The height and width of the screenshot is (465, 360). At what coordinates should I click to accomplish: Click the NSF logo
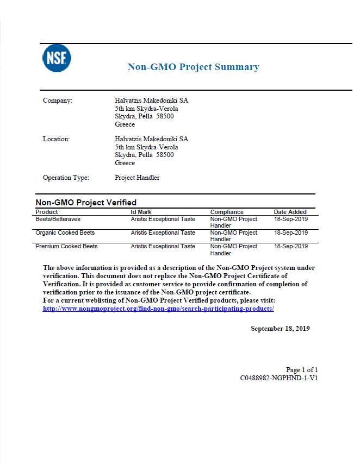(57, 58)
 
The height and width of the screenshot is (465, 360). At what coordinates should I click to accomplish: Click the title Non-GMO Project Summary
(193, 67)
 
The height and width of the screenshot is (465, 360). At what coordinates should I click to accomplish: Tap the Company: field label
(57, 100)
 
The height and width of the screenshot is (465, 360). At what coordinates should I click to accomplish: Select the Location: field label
(57, 139)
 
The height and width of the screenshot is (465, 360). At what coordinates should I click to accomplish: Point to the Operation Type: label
(66, 178)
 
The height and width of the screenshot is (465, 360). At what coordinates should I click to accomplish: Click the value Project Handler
(137, 178)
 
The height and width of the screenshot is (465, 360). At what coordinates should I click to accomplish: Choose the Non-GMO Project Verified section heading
(86, 203)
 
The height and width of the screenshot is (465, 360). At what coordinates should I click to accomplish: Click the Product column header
(47, 212)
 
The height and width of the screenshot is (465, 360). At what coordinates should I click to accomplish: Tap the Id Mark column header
(141, 212)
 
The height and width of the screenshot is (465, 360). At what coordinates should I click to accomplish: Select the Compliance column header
(227, 212)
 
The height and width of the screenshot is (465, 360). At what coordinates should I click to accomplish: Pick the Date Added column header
(290, 212)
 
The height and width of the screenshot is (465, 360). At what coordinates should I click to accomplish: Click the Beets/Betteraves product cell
(58, 219)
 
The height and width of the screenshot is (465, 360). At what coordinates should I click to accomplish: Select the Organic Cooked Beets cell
(65, 232)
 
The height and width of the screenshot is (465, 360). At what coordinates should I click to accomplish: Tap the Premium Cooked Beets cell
(66, 246)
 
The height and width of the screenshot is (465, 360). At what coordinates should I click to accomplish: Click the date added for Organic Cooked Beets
(290, 232)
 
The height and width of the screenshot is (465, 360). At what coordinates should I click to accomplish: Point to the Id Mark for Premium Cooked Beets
(163, 246)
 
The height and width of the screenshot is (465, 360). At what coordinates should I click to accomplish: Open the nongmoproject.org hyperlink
(158, 309)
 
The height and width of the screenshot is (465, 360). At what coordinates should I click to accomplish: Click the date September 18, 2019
(280, 329)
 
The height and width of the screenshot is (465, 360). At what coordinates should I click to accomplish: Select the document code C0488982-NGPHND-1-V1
(279, 378)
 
